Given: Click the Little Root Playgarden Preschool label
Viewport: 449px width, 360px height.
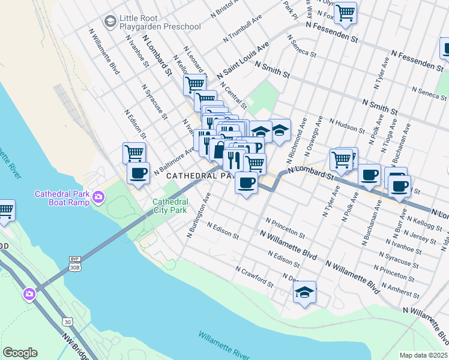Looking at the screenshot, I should (160, 23).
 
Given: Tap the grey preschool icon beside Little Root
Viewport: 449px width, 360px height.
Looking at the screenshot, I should (110, 22).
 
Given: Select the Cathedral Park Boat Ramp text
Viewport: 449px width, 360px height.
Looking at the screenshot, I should (62, 198).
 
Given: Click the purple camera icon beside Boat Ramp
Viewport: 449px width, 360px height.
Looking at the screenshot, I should (98, 196).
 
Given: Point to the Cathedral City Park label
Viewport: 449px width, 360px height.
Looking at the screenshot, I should (170, 206).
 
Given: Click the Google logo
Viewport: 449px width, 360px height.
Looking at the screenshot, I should (20, 353).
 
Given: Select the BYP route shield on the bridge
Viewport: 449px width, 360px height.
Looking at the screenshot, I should (74, 259).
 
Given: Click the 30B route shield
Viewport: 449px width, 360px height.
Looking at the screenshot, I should (74, 268).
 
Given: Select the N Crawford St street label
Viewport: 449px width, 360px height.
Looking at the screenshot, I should (255, 277).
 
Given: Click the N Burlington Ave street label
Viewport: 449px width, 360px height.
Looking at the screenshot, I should (199, 215).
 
